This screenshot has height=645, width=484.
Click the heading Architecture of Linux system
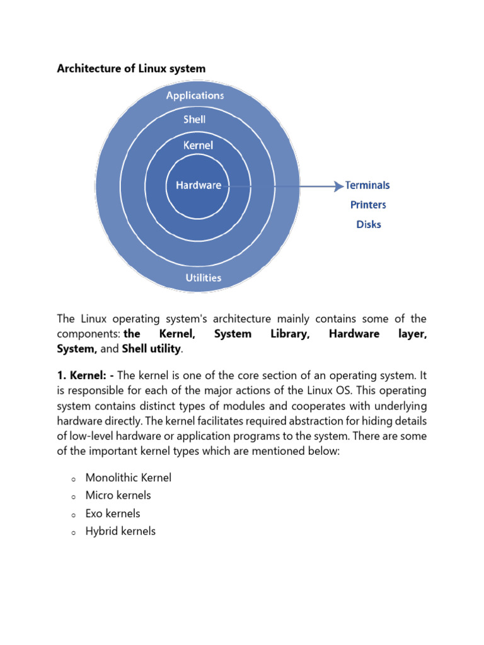click(131, 69)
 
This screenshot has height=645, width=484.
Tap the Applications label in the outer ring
click(195, 96)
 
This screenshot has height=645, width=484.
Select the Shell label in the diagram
click(195, 119)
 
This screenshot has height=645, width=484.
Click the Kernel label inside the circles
click(198, 145)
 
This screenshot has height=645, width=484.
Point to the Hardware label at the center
click(199, 185)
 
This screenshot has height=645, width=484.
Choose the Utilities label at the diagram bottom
click(203, 277)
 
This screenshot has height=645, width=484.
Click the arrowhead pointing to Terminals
click(337, 186)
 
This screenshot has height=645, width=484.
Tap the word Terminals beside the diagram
click(367, 185)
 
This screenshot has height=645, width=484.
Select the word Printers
click(368, 205)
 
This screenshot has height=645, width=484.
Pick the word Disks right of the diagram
click(369, 224)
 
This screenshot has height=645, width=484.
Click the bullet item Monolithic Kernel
click(128, 478)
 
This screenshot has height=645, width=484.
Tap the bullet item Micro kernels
click(118, 496)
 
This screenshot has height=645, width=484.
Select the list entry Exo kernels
click(113, 513)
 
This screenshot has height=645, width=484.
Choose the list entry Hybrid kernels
click(120, 531)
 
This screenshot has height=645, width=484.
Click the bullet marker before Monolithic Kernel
click(73, 479)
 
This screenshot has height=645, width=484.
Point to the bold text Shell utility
click(151, 349)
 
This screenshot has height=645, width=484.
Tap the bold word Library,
click(290, 334)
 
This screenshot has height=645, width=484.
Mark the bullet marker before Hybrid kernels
click(73, 532)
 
